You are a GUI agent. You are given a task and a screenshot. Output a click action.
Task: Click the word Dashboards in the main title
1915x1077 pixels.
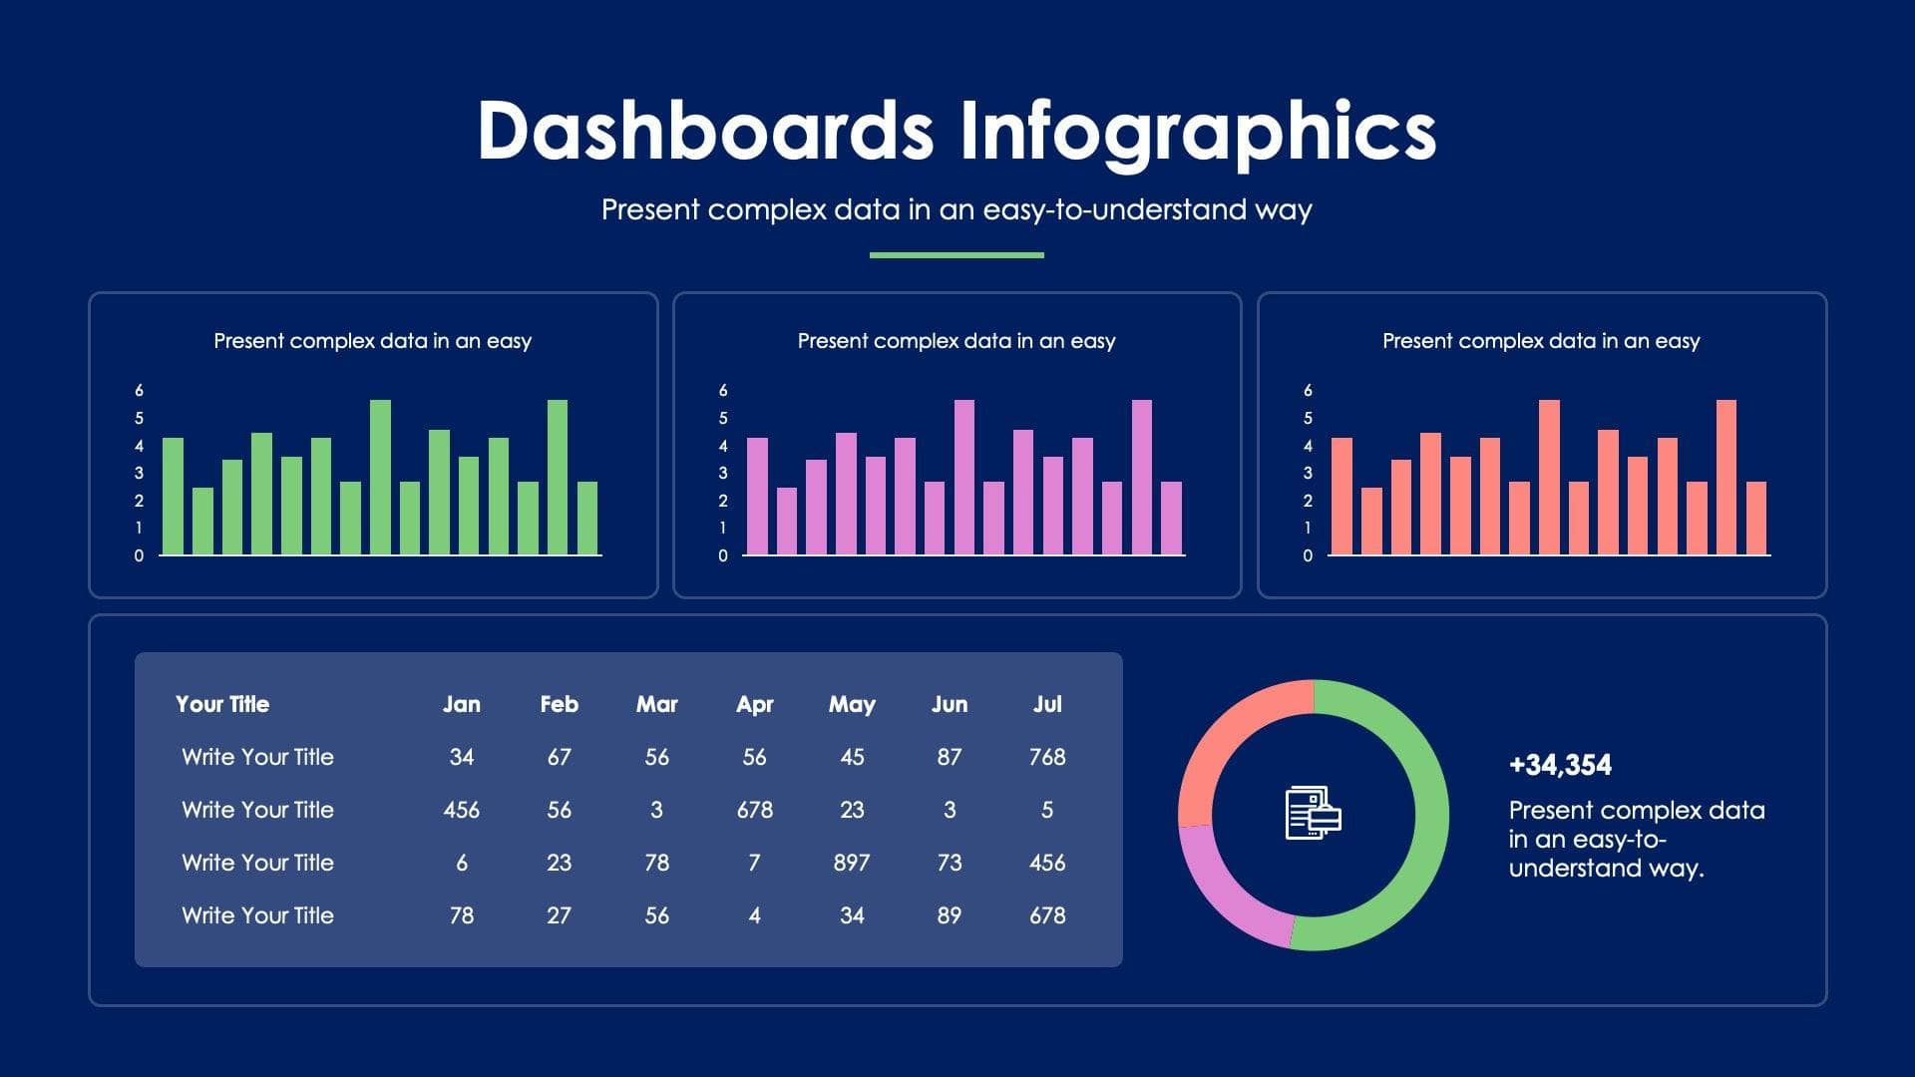tap(705, 131)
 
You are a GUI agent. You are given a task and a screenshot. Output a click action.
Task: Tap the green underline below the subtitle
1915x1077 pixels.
tap(957, 255)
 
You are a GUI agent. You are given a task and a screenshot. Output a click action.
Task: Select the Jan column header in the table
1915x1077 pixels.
tap(461, 704)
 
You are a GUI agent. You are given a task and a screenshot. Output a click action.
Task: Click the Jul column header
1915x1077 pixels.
tap(1046, 704)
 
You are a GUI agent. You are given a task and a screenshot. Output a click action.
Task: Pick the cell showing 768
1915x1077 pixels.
tap(1046, 757)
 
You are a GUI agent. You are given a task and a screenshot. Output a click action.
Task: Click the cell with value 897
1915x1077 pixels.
tap(851, 863)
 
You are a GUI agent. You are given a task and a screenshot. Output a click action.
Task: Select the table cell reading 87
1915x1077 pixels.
tap(949, 757)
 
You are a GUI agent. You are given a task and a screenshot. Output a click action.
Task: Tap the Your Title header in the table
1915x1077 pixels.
tap(222, 704)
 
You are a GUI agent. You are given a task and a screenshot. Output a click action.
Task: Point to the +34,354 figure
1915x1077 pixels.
tap(1560, 765)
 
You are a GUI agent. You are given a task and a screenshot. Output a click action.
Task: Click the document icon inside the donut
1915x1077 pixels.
tap(1313, 813)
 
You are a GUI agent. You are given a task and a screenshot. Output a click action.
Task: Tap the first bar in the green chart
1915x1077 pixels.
tap(173, 496)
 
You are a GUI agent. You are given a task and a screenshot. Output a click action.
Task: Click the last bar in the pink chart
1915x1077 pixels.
tap(1171, 518)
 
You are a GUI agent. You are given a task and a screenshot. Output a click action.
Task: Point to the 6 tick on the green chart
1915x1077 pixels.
tap(139, 390)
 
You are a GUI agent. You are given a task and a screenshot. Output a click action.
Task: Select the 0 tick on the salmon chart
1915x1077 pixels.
tap(1308, 555)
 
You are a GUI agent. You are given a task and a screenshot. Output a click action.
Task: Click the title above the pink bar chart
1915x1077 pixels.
tap(957, 341)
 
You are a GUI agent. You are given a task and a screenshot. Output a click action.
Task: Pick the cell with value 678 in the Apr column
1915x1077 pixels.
tap(754, 810)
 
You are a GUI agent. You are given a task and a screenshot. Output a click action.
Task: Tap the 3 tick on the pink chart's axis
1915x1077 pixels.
tap(723, 473)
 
